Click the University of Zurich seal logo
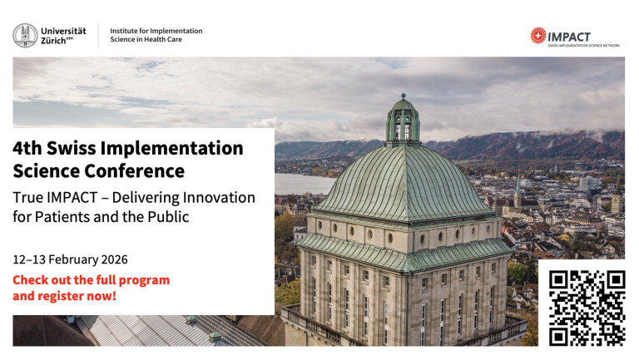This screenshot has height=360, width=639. click(x=25, y=35)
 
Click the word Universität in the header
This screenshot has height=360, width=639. click(x=63, y=31)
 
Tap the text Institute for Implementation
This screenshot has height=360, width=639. click(x=156, y=31)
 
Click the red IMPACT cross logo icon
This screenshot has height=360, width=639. click(x=538, y=36)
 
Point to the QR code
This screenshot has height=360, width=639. click(x=587, y=307)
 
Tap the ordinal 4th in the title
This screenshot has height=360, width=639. click(x=27, y=149)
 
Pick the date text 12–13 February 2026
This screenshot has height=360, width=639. click(x=71, y=259)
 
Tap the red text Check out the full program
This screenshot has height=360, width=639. click(x=91, y=279)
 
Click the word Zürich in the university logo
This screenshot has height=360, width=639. click(x=55, y=41)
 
